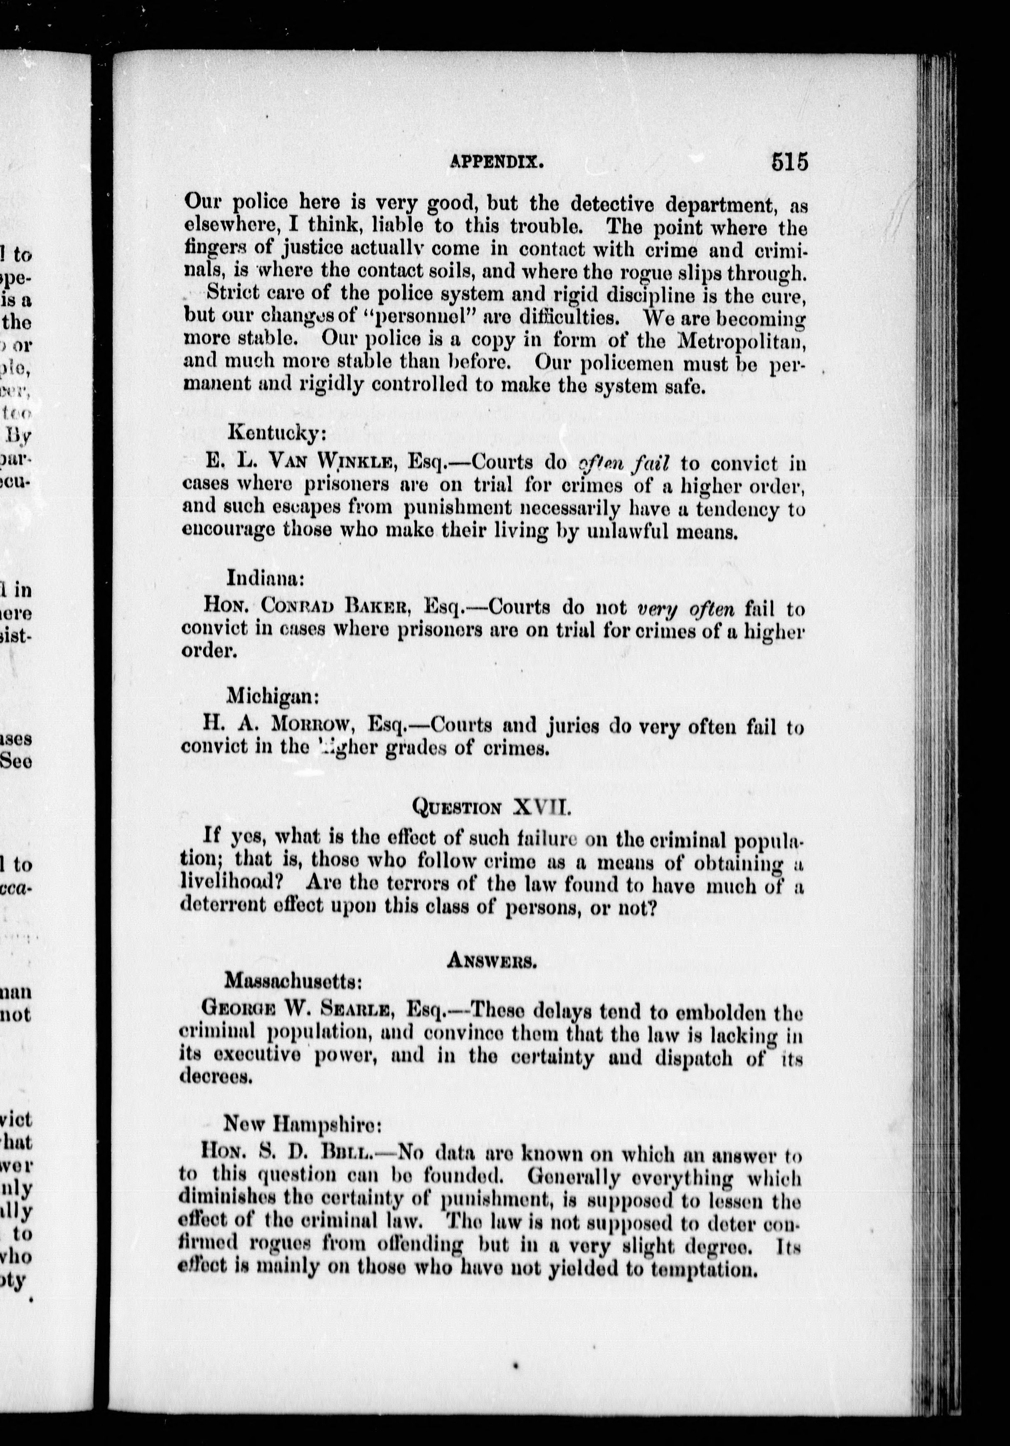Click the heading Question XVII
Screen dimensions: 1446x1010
click(491, 806)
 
